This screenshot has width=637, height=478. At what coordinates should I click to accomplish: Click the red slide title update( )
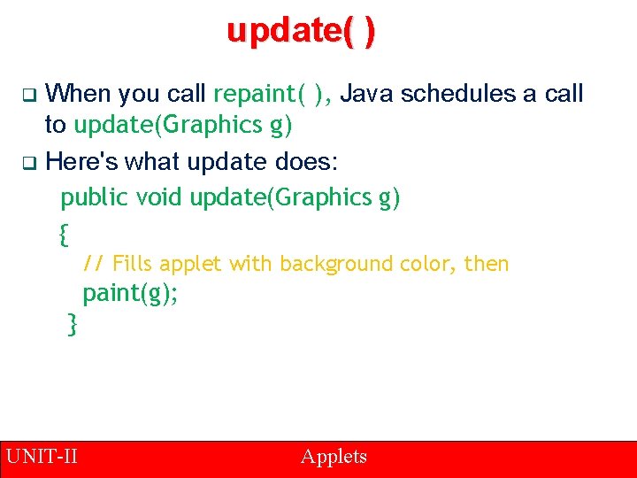[x=301, y=31]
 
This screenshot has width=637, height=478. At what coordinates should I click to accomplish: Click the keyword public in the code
[x=95, y=198]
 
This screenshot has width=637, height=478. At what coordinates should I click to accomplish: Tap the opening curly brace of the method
[x=62, y=235]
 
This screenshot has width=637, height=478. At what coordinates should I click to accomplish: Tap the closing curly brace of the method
[x=73, y=325]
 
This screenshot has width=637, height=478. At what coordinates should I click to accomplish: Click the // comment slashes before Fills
[x=94, y=264]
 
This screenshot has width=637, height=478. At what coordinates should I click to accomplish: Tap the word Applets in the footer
[x=334, y=457]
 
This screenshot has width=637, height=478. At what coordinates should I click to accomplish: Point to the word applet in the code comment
[x=191, y=264]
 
